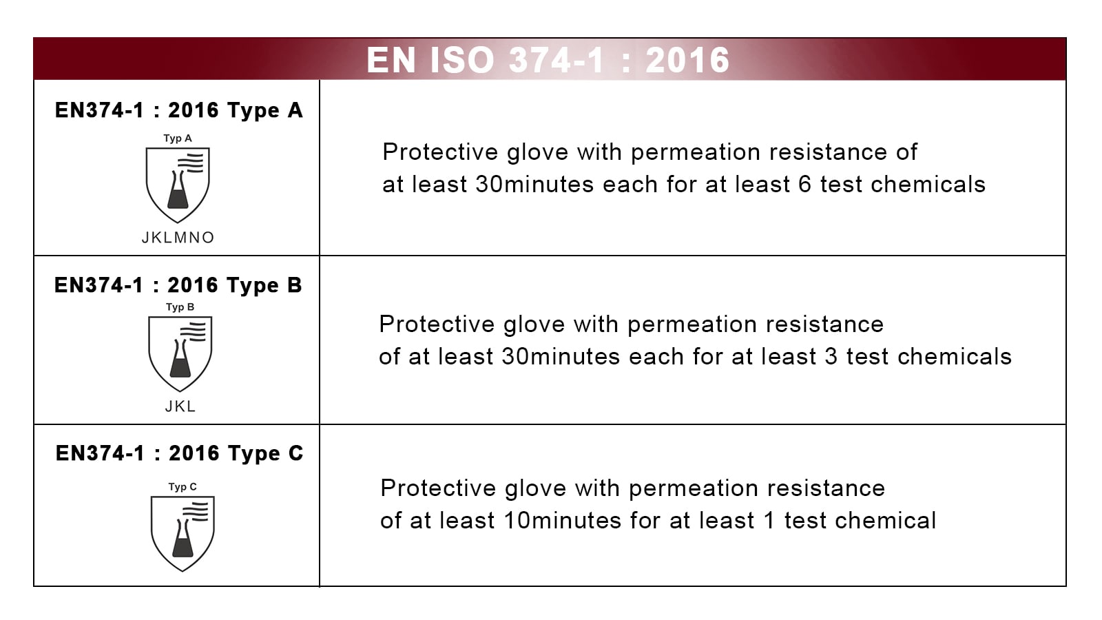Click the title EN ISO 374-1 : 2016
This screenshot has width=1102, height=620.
click(548, 60)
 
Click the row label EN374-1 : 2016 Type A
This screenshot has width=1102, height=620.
click(178, 110)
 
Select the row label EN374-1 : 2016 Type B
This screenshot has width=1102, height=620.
click(178, 285)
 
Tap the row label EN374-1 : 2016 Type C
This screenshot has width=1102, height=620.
click(179, 453)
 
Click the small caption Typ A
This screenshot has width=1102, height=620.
click(178, 138)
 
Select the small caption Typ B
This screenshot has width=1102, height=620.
click(180, 307)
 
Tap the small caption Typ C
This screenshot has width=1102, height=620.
click(183, 487)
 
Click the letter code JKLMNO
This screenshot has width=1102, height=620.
click(178, 238)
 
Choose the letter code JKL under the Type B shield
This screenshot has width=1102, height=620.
click(180, 406)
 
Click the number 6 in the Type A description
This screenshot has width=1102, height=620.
click(804, 185)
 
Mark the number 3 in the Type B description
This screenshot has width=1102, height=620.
click(831, 357)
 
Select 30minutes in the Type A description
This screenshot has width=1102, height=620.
click(534, 185)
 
